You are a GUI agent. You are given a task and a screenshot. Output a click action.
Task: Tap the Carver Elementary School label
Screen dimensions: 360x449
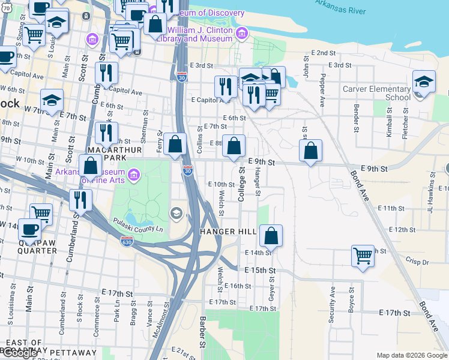pyautogui.click(x=376, y=94)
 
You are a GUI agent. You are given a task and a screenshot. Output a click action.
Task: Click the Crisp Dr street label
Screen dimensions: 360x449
pyautogui.click(x=417, y=262)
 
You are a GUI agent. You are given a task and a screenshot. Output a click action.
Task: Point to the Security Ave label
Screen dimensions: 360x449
pyautogui.click(x=332, y=304)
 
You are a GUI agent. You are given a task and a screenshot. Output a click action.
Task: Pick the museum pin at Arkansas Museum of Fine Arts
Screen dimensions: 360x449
pyautogui.click(x=134, y=176)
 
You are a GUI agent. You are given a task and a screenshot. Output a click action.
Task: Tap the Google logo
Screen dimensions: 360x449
pyautogui.click(x=19, y=353)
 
